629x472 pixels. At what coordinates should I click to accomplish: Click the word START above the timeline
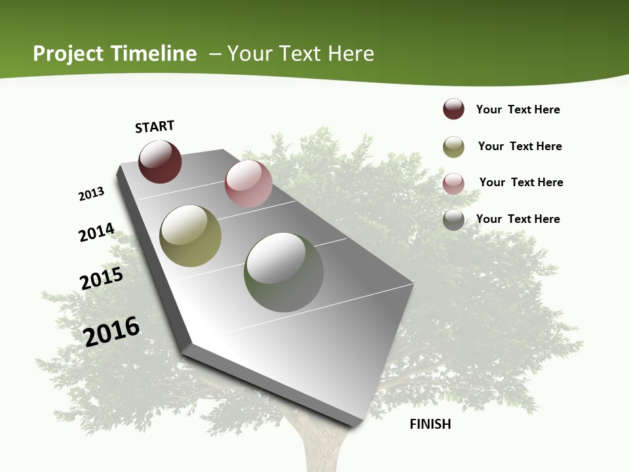155,127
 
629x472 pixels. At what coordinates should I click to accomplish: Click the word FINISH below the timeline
430,424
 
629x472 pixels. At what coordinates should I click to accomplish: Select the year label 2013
91,194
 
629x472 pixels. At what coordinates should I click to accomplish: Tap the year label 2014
96,232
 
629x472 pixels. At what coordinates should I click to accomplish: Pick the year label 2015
102,278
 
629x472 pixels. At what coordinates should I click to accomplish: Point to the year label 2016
112,331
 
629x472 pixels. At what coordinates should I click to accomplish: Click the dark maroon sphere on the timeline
160,162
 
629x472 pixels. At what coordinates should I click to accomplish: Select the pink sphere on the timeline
248,184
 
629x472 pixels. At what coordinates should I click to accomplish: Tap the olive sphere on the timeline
191,236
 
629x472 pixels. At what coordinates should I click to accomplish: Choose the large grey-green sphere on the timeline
284,272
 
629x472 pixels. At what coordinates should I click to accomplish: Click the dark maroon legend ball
453,109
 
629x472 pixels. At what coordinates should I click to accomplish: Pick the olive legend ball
453,147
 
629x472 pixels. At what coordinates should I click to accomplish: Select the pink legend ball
453,184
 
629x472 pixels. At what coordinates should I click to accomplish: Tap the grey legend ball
453,220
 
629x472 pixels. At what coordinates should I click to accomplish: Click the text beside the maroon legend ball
518,109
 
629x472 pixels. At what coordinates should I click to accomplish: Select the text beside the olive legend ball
520,146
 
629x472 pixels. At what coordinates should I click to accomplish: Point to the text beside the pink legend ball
521,182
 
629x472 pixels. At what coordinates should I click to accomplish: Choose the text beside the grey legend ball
518,219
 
